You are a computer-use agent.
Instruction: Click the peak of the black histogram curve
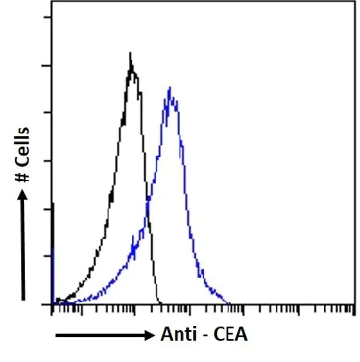(131, 55)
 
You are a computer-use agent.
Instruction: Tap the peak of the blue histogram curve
(169, 89)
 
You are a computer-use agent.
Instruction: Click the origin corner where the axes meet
(51, 304)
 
